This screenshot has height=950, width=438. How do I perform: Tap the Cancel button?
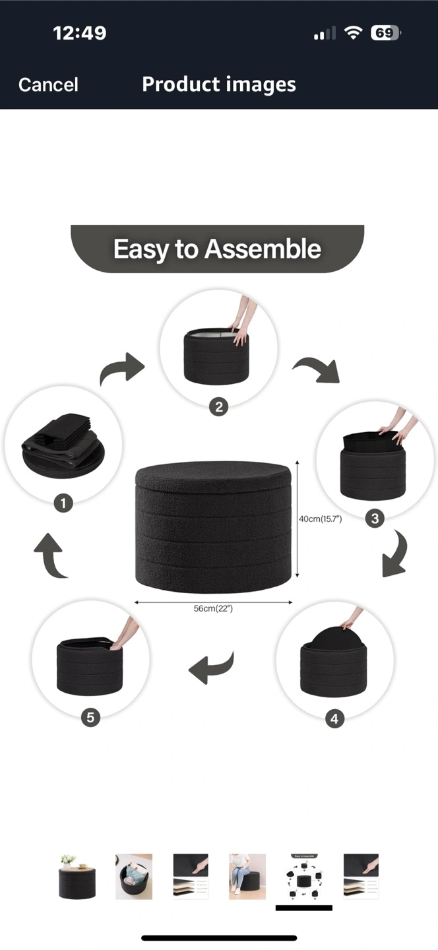pos(48,84)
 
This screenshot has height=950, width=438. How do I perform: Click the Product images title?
pos(219,84)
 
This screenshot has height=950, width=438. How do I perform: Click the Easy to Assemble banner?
pos(217,249)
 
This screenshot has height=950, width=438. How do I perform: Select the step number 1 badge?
pos(63,503)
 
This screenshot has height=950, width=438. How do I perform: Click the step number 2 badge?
pos(219,407)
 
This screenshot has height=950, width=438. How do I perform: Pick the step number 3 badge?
pos(375,519)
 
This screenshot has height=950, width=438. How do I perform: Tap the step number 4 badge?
pos(334,718)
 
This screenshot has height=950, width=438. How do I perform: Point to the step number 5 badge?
pos(90,717)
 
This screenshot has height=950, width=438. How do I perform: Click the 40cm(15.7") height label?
pos(320,519)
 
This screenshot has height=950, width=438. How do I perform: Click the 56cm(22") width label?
pos(213,608)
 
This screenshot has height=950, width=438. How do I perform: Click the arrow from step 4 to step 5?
pos(211,668)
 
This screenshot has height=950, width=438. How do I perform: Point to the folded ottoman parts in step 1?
pos(63,446)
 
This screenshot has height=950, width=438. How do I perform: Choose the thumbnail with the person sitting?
pos(247,877)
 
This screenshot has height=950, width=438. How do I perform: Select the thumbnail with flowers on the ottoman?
pos(77,877)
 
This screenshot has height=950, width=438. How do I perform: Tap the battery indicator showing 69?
pos(386,33)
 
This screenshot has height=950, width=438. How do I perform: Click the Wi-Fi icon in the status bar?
pos(353,33)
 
